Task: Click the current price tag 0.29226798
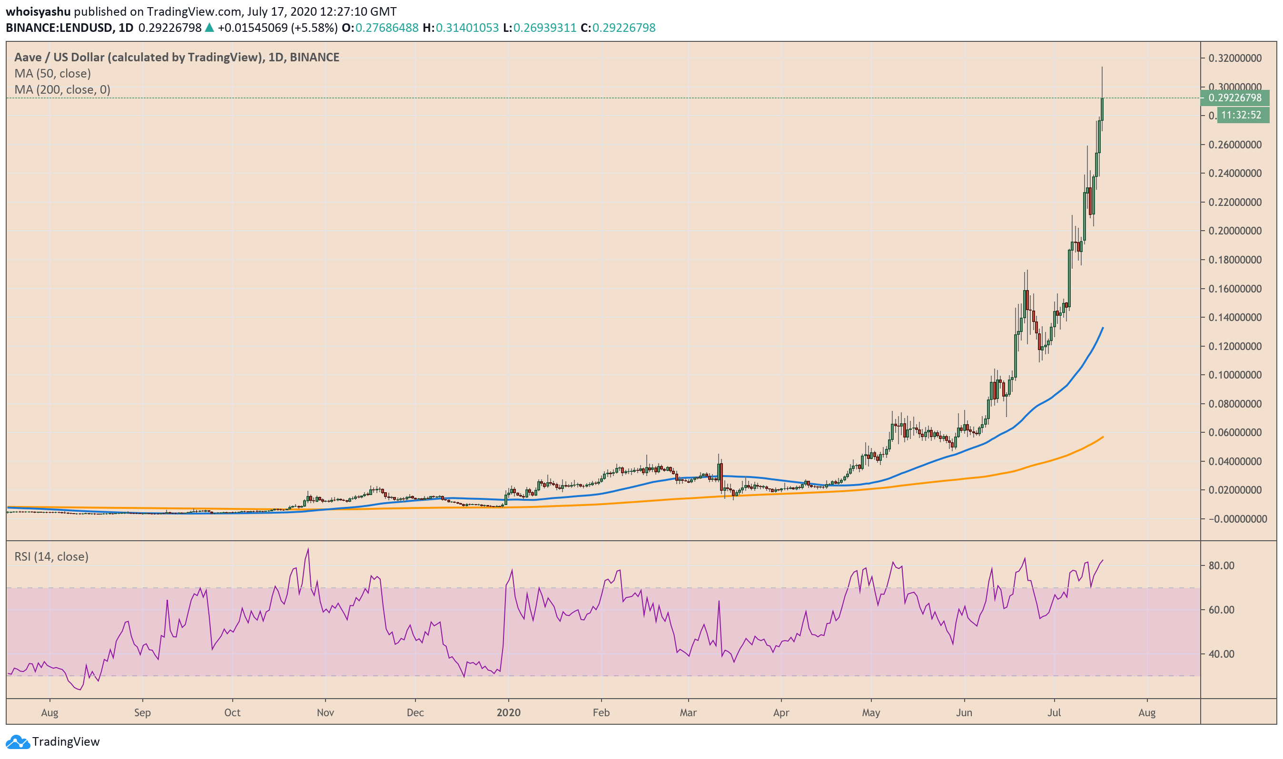pyautogui.click(x=1234, y=97)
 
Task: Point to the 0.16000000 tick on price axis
pyautogui.click(x=1234, y=289)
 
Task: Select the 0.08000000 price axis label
pyautogui.click(x=1234, y=404)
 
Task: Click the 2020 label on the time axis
pyautogui.click(x=508, y=713)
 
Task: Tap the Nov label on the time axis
pyautogui.click(x=325, y=713)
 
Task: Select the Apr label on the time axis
pyautogui.click(x=781, y=713)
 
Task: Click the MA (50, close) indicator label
pyautogui.click(x=53, y=74)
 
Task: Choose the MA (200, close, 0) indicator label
pyautogui.click(x=62, y=90)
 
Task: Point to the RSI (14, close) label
pyautogui.click(x=51, y=556)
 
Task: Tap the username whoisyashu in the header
pyautogui.click(x=38, y=11)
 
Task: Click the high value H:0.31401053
pyautogui.click(x=461, y=28)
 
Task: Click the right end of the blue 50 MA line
pyautogui.click(x=1103, y=328)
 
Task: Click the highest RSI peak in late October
pyautogui.click(x=308, y=549)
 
